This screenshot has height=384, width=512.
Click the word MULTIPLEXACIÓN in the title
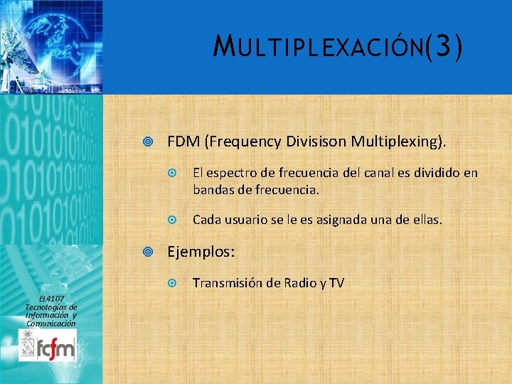[319, 49]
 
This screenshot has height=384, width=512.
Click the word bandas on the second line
[211, 190]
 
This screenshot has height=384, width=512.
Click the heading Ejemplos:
[201, 252]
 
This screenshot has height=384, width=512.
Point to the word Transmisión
[229, 283]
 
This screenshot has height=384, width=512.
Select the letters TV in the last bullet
[336, 283]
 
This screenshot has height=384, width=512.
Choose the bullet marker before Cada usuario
[171, 221]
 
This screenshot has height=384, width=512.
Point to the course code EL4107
[51, 298]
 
